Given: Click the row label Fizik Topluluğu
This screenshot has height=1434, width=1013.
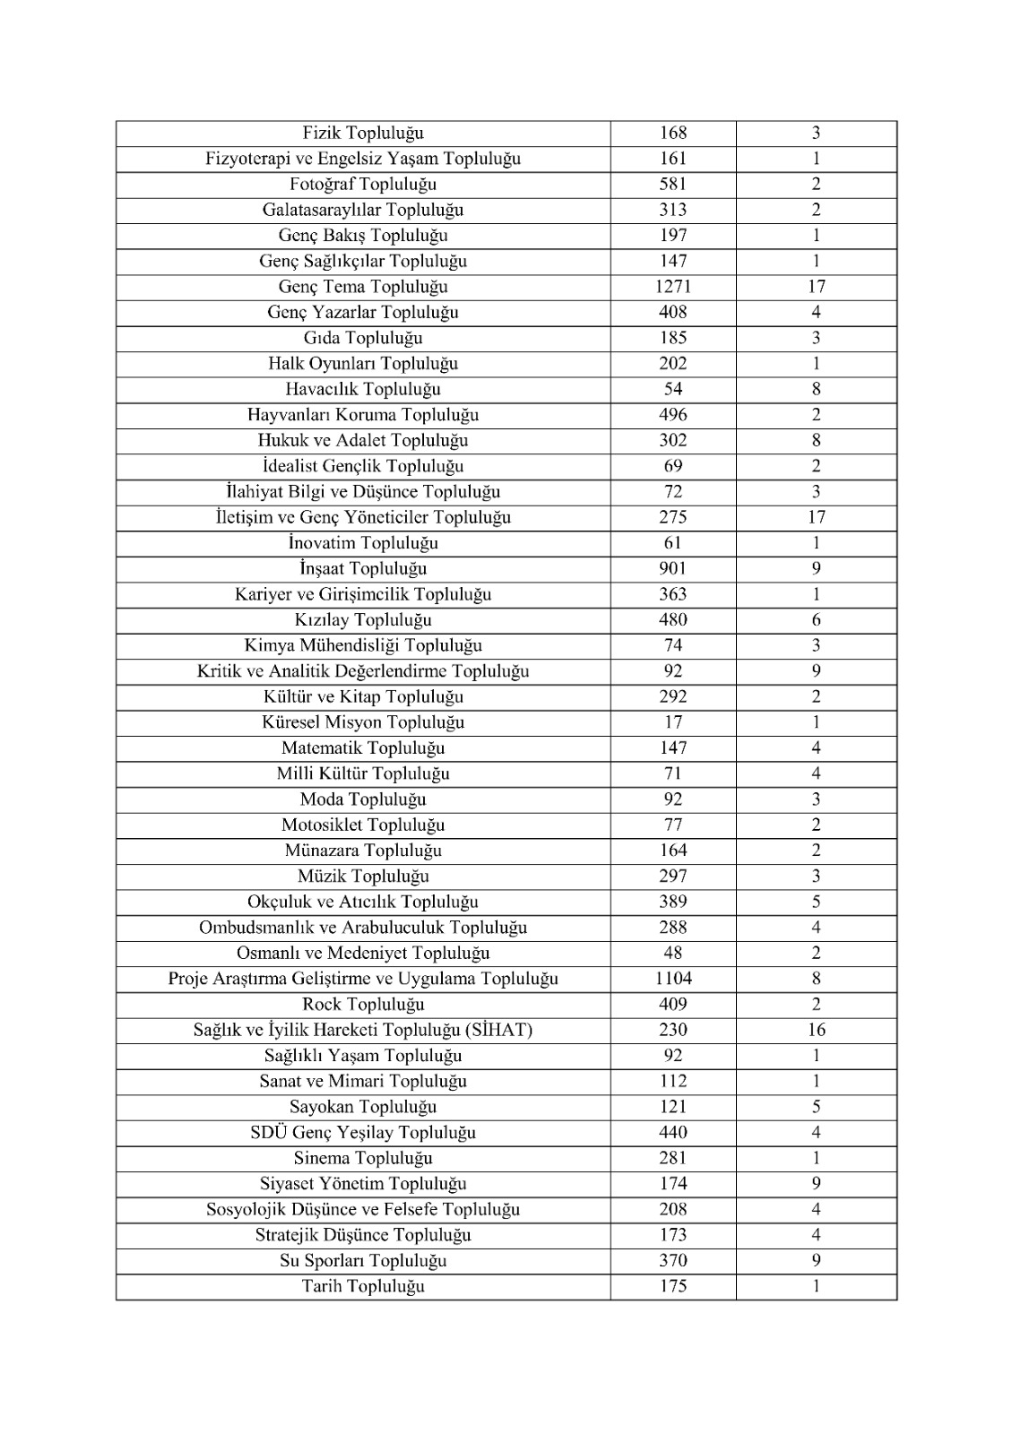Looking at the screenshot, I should click(363, 134).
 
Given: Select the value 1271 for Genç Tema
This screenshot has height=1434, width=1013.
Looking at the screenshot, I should click(672, 287).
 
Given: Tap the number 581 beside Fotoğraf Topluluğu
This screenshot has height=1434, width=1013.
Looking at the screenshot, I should click(672, 185).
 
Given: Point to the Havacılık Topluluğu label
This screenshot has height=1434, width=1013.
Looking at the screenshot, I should click(363, 390).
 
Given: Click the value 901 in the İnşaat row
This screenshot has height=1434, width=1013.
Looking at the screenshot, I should click(672, 569).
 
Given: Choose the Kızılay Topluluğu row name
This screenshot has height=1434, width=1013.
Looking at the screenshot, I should click(363, 620).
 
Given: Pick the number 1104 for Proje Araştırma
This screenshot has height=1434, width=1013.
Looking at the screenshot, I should click(672, 979).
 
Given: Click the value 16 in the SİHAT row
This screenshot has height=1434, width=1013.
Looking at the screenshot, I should click(816, 1030).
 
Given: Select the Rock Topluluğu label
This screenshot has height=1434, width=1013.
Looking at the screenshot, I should click(363, 1005).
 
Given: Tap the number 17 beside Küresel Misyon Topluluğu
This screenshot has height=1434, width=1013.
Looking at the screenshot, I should click(672, 722).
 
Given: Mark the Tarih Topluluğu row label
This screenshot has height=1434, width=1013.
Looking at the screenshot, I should click(363, 1287).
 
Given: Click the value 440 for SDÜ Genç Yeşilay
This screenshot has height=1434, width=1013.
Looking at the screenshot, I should click(672, 1133).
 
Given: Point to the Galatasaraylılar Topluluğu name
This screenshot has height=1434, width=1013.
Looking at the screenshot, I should click(363, 211).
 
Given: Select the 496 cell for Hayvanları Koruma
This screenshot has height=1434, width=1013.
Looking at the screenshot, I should click(672, 415).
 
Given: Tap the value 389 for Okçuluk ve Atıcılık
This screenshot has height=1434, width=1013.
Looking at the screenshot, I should click(672, 902).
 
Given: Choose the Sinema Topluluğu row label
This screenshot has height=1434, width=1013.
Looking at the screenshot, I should click(363, 1158).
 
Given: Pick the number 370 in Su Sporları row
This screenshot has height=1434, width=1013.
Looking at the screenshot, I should click(672, 1261).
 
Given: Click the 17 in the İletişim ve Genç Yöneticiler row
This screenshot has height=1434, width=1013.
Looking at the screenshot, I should click(816, 517).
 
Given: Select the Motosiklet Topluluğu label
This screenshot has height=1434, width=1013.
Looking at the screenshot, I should click(363, 825).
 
